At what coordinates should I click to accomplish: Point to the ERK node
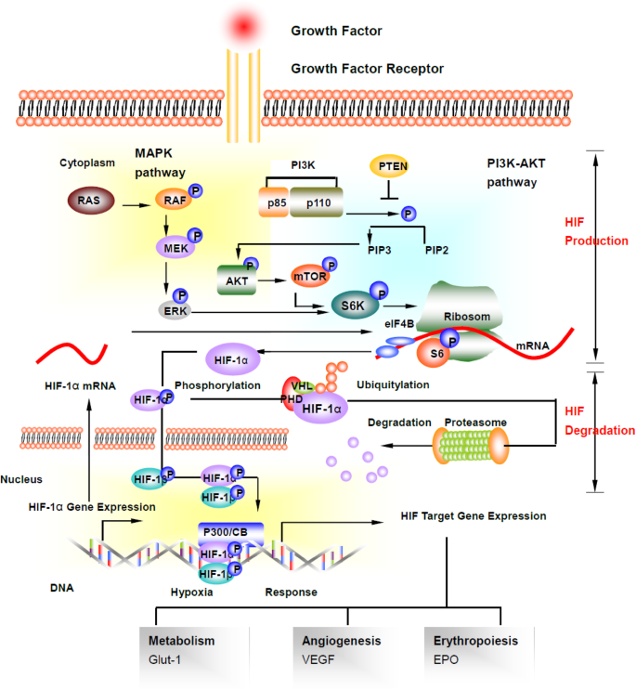tap(175, 310)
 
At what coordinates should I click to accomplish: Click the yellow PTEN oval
tap(390, 166)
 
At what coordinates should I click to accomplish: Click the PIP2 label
tap(437, 249)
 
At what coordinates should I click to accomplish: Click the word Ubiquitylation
tap(393, 384)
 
